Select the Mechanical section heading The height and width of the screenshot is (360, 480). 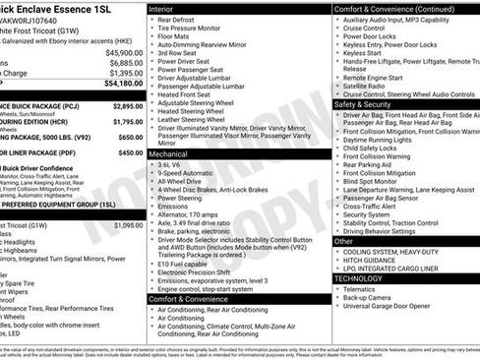(x=169, y=154)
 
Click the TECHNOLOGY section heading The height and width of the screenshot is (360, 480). (x=365, y=278)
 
